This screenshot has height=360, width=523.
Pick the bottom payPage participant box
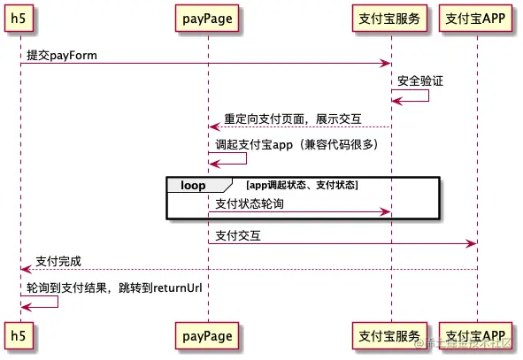tap(208, 336)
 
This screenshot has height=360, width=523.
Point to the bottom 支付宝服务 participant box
tap(390, 336)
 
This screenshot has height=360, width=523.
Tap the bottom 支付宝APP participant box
tap(476, 336)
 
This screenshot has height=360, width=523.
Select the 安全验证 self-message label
tap(420, 80)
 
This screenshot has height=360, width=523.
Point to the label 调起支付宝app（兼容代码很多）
tap(297, 144)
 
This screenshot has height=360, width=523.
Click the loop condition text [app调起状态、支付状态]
tap(303, 185)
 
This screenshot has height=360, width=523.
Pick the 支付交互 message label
tap(238, 235)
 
